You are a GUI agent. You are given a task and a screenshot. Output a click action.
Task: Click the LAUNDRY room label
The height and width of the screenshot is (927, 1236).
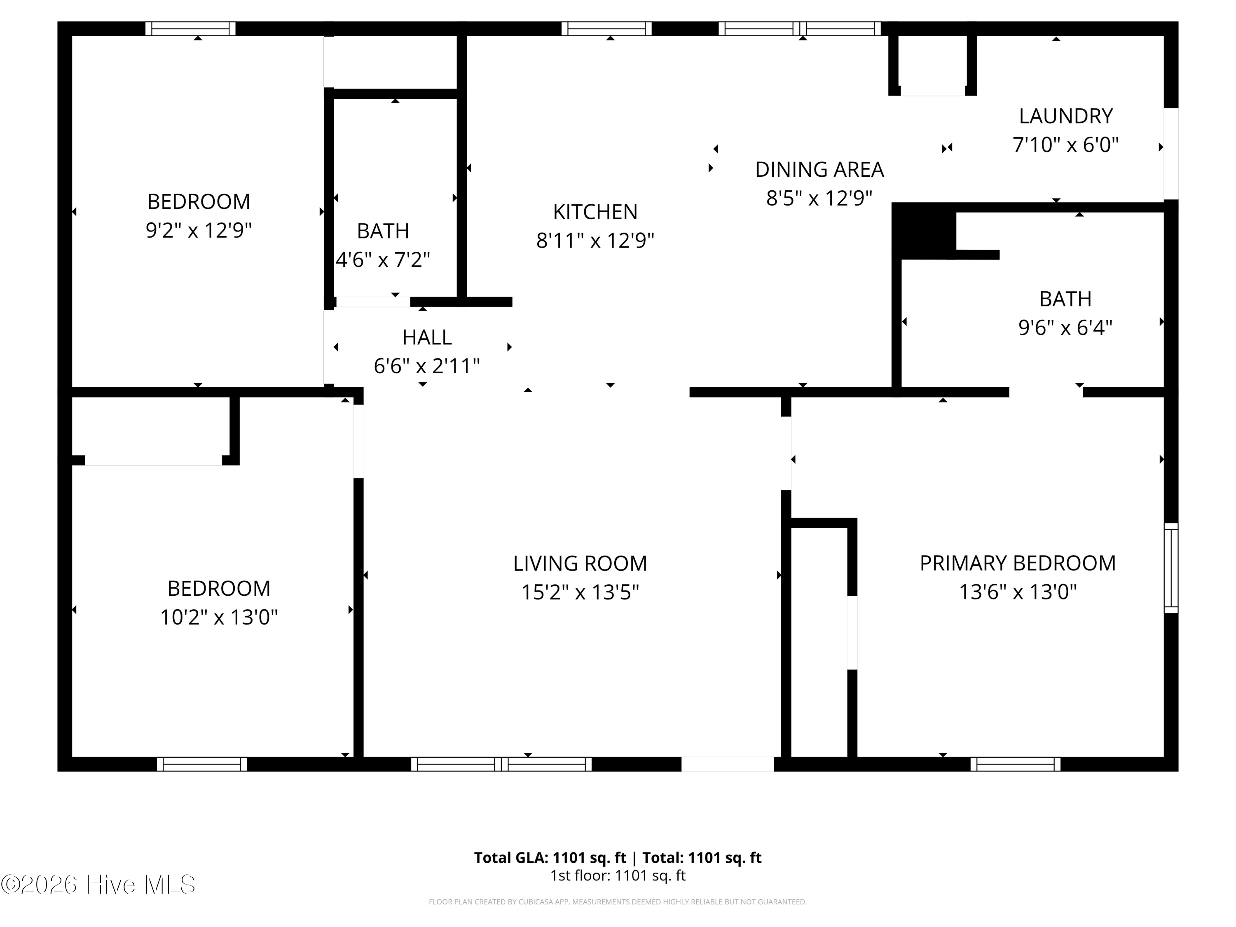(x=1065, y=116)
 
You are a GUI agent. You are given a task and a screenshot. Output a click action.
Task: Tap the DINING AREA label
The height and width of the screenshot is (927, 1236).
(x=819, y=169)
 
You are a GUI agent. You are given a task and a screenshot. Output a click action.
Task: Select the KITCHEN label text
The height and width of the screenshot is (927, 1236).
(x=595, y=212)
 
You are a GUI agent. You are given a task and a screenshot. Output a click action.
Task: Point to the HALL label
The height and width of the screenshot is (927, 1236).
(x=427, y=337)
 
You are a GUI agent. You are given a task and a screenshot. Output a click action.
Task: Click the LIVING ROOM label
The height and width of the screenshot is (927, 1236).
(x=580, y=563)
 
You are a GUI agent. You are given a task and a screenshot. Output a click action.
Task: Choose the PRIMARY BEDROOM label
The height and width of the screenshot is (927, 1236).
(x=1018, y=563)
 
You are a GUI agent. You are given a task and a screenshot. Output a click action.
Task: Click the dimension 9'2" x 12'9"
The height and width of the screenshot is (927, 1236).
(x=199, y=230)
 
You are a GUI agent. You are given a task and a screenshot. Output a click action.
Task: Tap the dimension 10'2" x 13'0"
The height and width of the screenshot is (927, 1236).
(x=219, y=618)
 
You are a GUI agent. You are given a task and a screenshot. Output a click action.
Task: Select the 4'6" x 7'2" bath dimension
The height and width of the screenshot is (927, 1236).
(x=383, y=260)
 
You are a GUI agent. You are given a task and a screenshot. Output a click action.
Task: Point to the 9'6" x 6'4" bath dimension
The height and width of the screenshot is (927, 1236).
(x=1065, y=328)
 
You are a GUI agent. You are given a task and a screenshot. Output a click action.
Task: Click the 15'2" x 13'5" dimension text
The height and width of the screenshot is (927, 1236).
(x=580, y=592)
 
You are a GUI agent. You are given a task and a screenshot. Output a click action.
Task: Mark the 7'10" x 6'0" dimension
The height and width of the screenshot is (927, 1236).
(x=1065, y=145)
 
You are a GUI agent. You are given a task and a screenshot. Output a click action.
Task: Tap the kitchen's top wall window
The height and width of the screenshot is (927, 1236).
(x=606, y=28)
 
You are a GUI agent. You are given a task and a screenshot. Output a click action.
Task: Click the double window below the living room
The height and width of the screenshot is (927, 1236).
(x=501, y=764)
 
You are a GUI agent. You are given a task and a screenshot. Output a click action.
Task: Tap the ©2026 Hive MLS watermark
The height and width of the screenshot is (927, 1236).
(x=98, y=885)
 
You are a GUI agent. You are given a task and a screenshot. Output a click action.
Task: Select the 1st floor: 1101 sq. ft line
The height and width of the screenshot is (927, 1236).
(x=618, y=875)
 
